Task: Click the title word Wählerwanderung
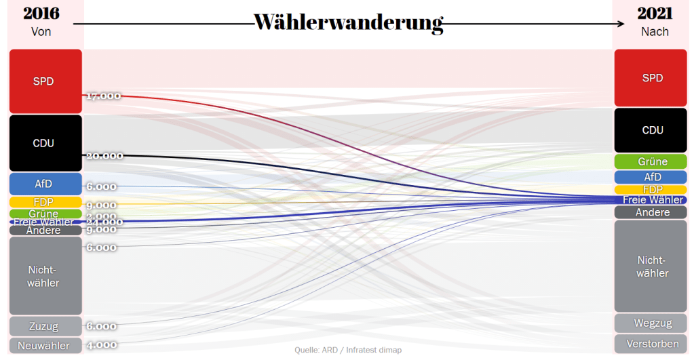tap(348, 22)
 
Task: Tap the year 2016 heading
tap(41, 14)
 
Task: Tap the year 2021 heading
tap(654, 14)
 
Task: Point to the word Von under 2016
tap(41, 31)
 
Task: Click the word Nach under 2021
tap(654, 31)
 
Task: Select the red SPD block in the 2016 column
tap(45, 81)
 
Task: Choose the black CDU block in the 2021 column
tap(651, 130)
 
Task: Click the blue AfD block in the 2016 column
tap(45, 184)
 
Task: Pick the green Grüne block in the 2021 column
tap(651, 161)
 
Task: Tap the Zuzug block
tap(45, 326)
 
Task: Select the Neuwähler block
tap(45, 346)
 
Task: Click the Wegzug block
tap(651, 323)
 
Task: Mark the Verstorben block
tap(651, 344)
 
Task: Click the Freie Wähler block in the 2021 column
tap(651, 200)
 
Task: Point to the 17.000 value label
tap(103, 96)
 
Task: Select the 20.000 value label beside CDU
tap(104, 156)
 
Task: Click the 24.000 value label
tap(104, 222)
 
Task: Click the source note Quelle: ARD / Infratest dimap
tap(347, 350)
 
